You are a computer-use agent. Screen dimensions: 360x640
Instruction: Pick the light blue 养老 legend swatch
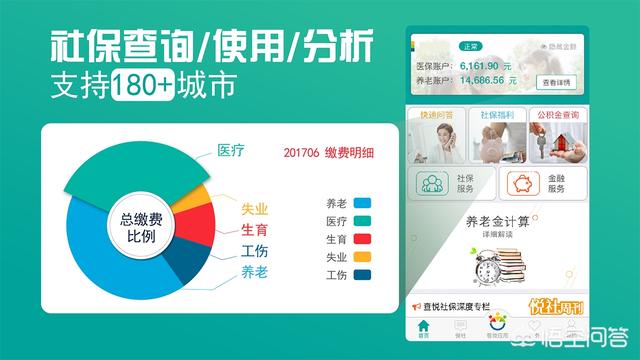[x=361, y=203]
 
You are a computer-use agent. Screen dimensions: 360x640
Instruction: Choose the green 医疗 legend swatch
[x=361, y=221]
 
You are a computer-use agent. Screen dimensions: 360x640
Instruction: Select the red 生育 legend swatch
[x=361, y=239]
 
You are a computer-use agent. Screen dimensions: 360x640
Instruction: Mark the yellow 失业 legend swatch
[x=361, y=257]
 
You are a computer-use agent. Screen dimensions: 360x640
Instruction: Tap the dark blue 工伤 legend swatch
[x=361, y=275]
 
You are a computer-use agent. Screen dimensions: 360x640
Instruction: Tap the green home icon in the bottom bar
[x=424, y=327]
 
